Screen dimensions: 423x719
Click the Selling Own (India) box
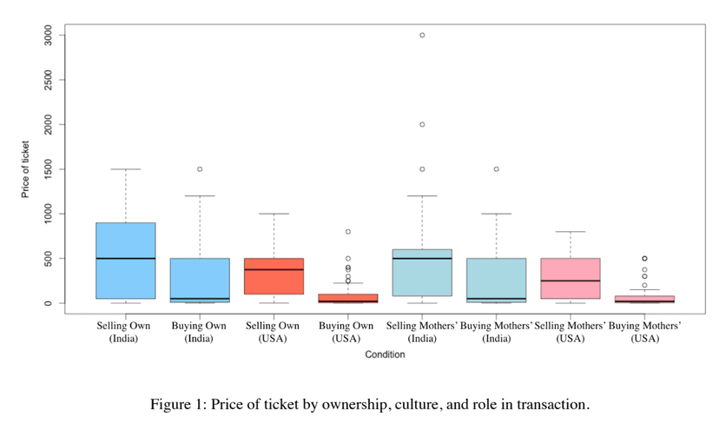[x=125, y=261]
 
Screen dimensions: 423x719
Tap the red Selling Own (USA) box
[x=274, y=276]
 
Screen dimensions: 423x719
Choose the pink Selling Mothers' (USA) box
[x=571, y=278]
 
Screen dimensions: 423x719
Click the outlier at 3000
[x=422, y=35]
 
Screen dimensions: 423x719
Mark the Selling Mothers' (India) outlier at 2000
[x=422, y=124]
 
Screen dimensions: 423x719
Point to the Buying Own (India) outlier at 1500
[x=200, y=169]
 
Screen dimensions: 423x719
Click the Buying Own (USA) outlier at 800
[x=347, y=232]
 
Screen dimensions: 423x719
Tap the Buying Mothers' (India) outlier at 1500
[x=496, y=169]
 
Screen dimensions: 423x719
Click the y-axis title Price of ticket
[x=26, y=169]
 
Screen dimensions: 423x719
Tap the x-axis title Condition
[x=385, y=354]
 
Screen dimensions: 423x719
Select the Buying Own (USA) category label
[x=347, y=331]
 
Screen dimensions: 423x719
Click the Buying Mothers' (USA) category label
[x=644, y=331]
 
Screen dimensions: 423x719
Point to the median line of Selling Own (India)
[x=125, y=258]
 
